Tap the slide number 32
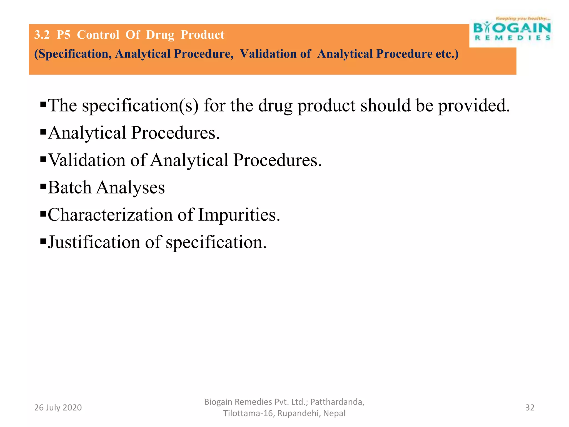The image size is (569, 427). click(x=530, y=408)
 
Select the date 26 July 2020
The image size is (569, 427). click(x=58, y=408)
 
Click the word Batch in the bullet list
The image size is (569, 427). click(x=69, y=187)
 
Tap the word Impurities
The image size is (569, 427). click(x=239, y=215)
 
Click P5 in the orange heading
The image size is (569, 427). click(x=63, y=35)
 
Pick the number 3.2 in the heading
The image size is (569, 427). click(x=42, y=35)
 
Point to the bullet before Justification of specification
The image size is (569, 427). click(x=43, y=241)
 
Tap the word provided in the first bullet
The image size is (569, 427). click(x=474, y=106)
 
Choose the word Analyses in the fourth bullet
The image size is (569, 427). click(x=130, y=188)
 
